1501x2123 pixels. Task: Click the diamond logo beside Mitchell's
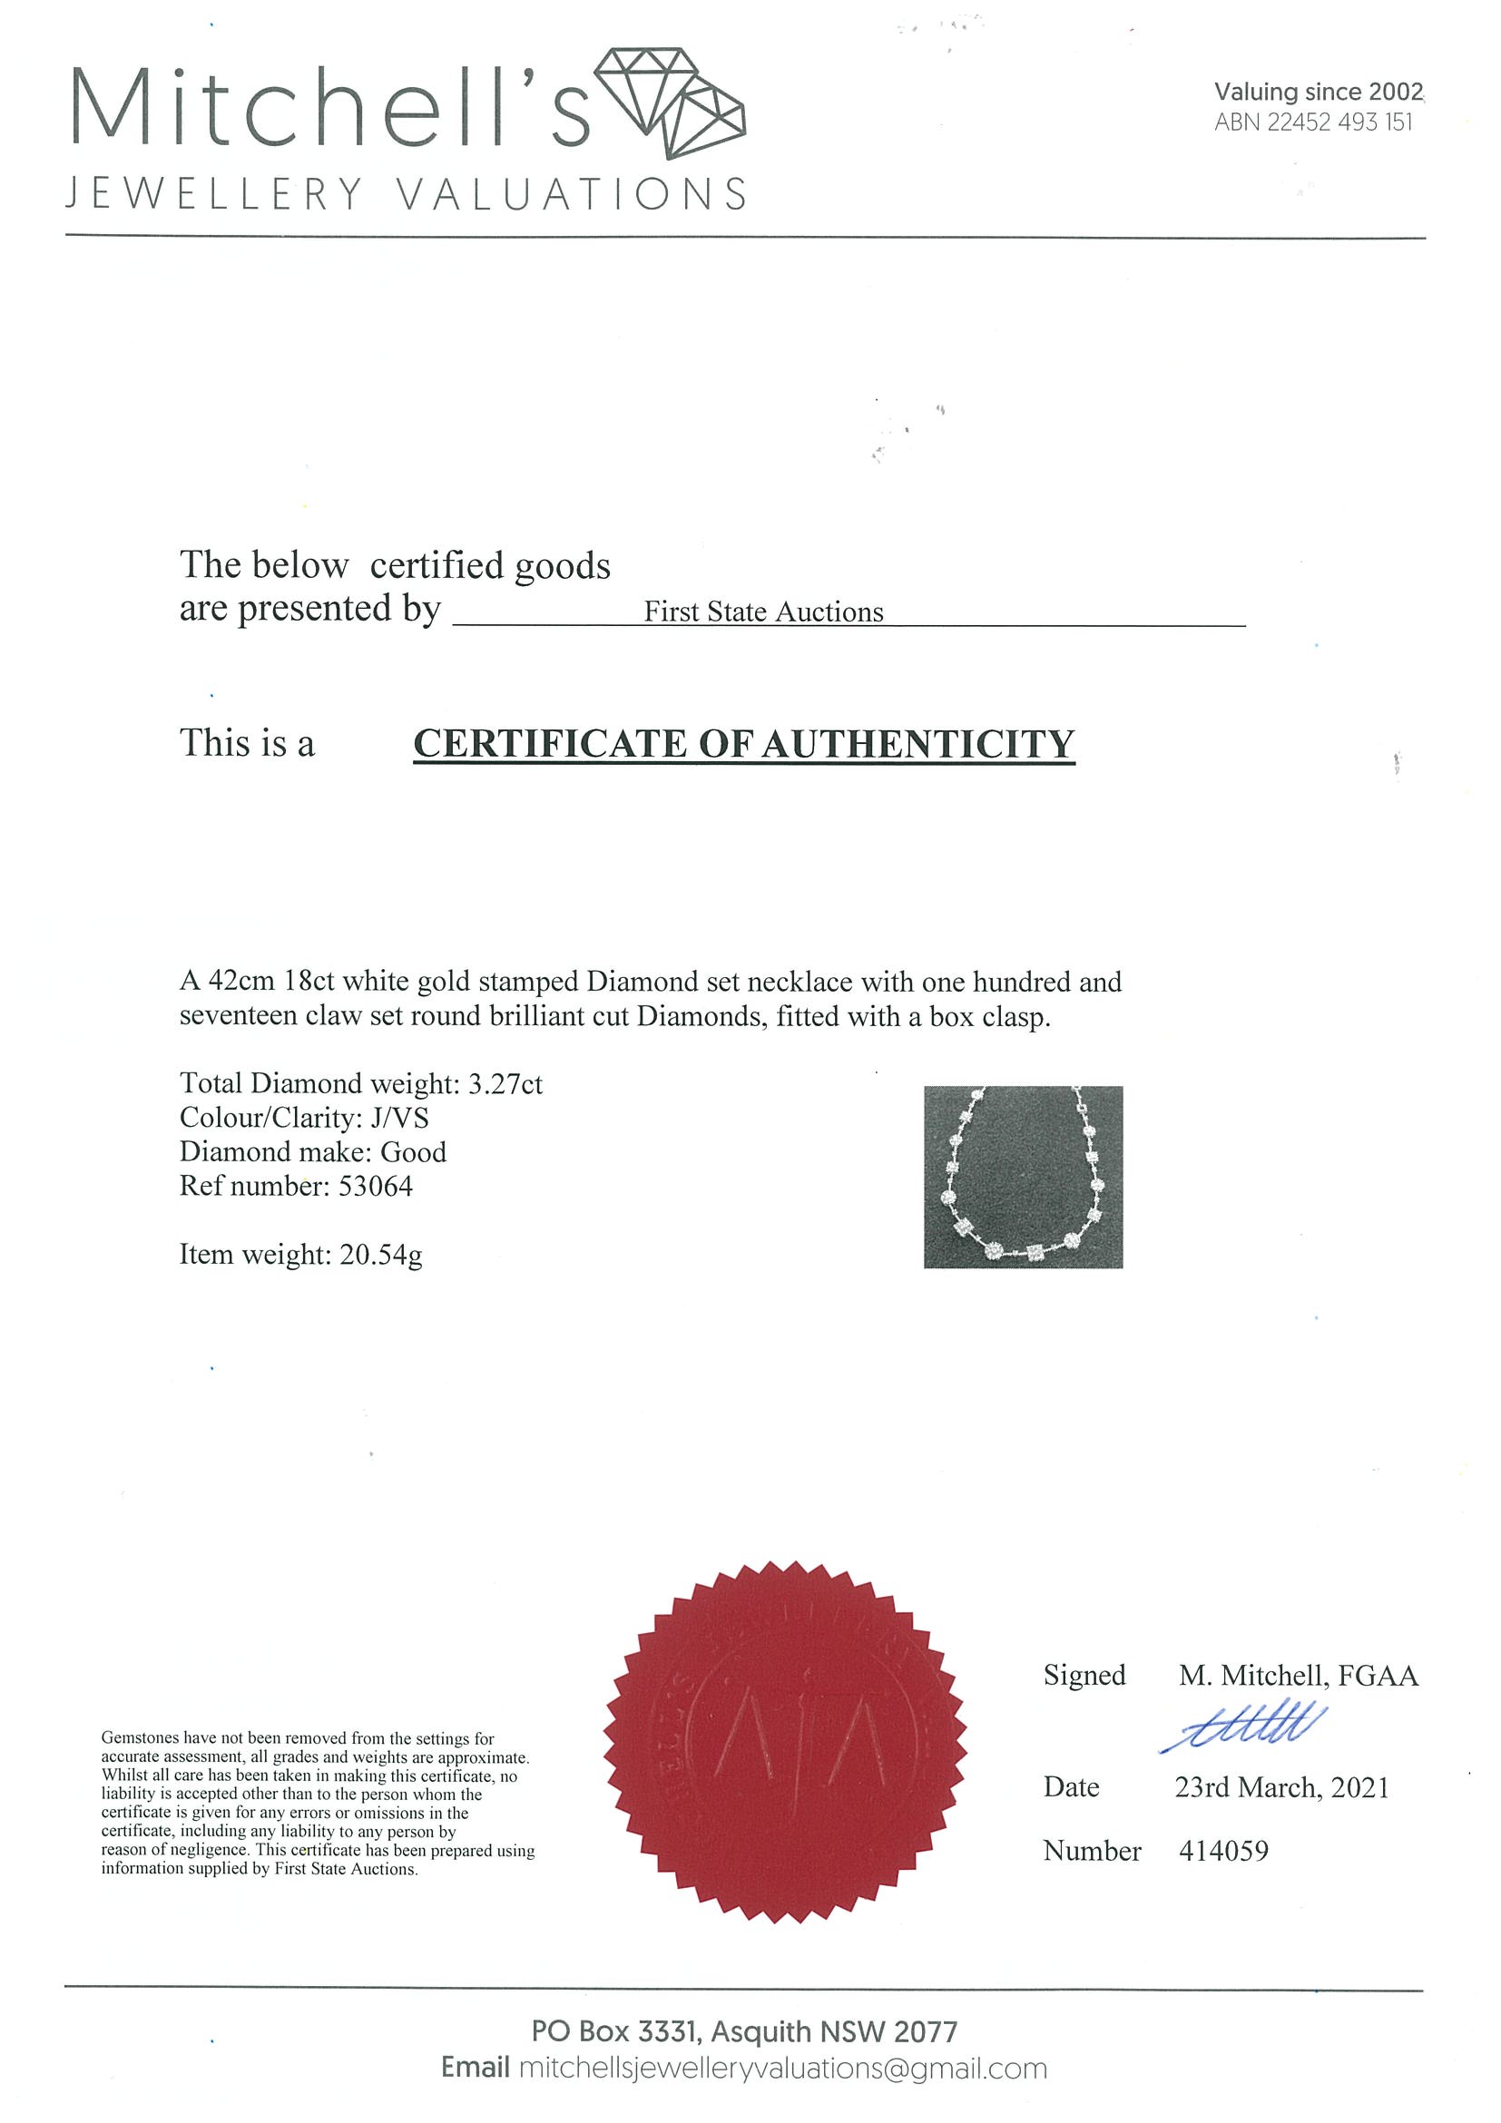pyautogui.click(x=670, y=103)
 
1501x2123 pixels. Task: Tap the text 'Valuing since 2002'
pyautogui.click(x=1318, y=92)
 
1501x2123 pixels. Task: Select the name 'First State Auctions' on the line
pyautogui.click(x=763, y=612)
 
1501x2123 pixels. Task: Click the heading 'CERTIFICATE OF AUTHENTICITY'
pyautogui.click(x=743, y=744)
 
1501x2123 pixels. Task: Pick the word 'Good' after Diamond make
pyautogui.click(x=414, y=1152)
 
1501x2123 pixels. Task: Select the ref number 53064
pyautogui.click(x=376, y=1187)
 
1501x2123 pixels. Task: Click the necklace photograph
pyautogui.click(x=1023, y=1176)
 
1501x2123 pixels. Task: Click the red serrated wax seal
pyautogui.click(x=785, y=1743)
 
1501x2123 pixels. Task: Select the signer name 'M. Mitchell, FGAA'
pyautogui.click(x=1299, y=1676)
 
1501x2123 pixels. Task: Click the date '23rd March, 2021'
pyautogui.click(x=1281, y=1787)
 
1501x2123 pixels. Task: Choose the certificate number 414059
pyautogui.click(x=1223, y=1851)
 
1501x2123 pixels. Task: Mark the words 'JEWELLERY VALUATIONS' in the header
pyautogui.click(x=405, y=194)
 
